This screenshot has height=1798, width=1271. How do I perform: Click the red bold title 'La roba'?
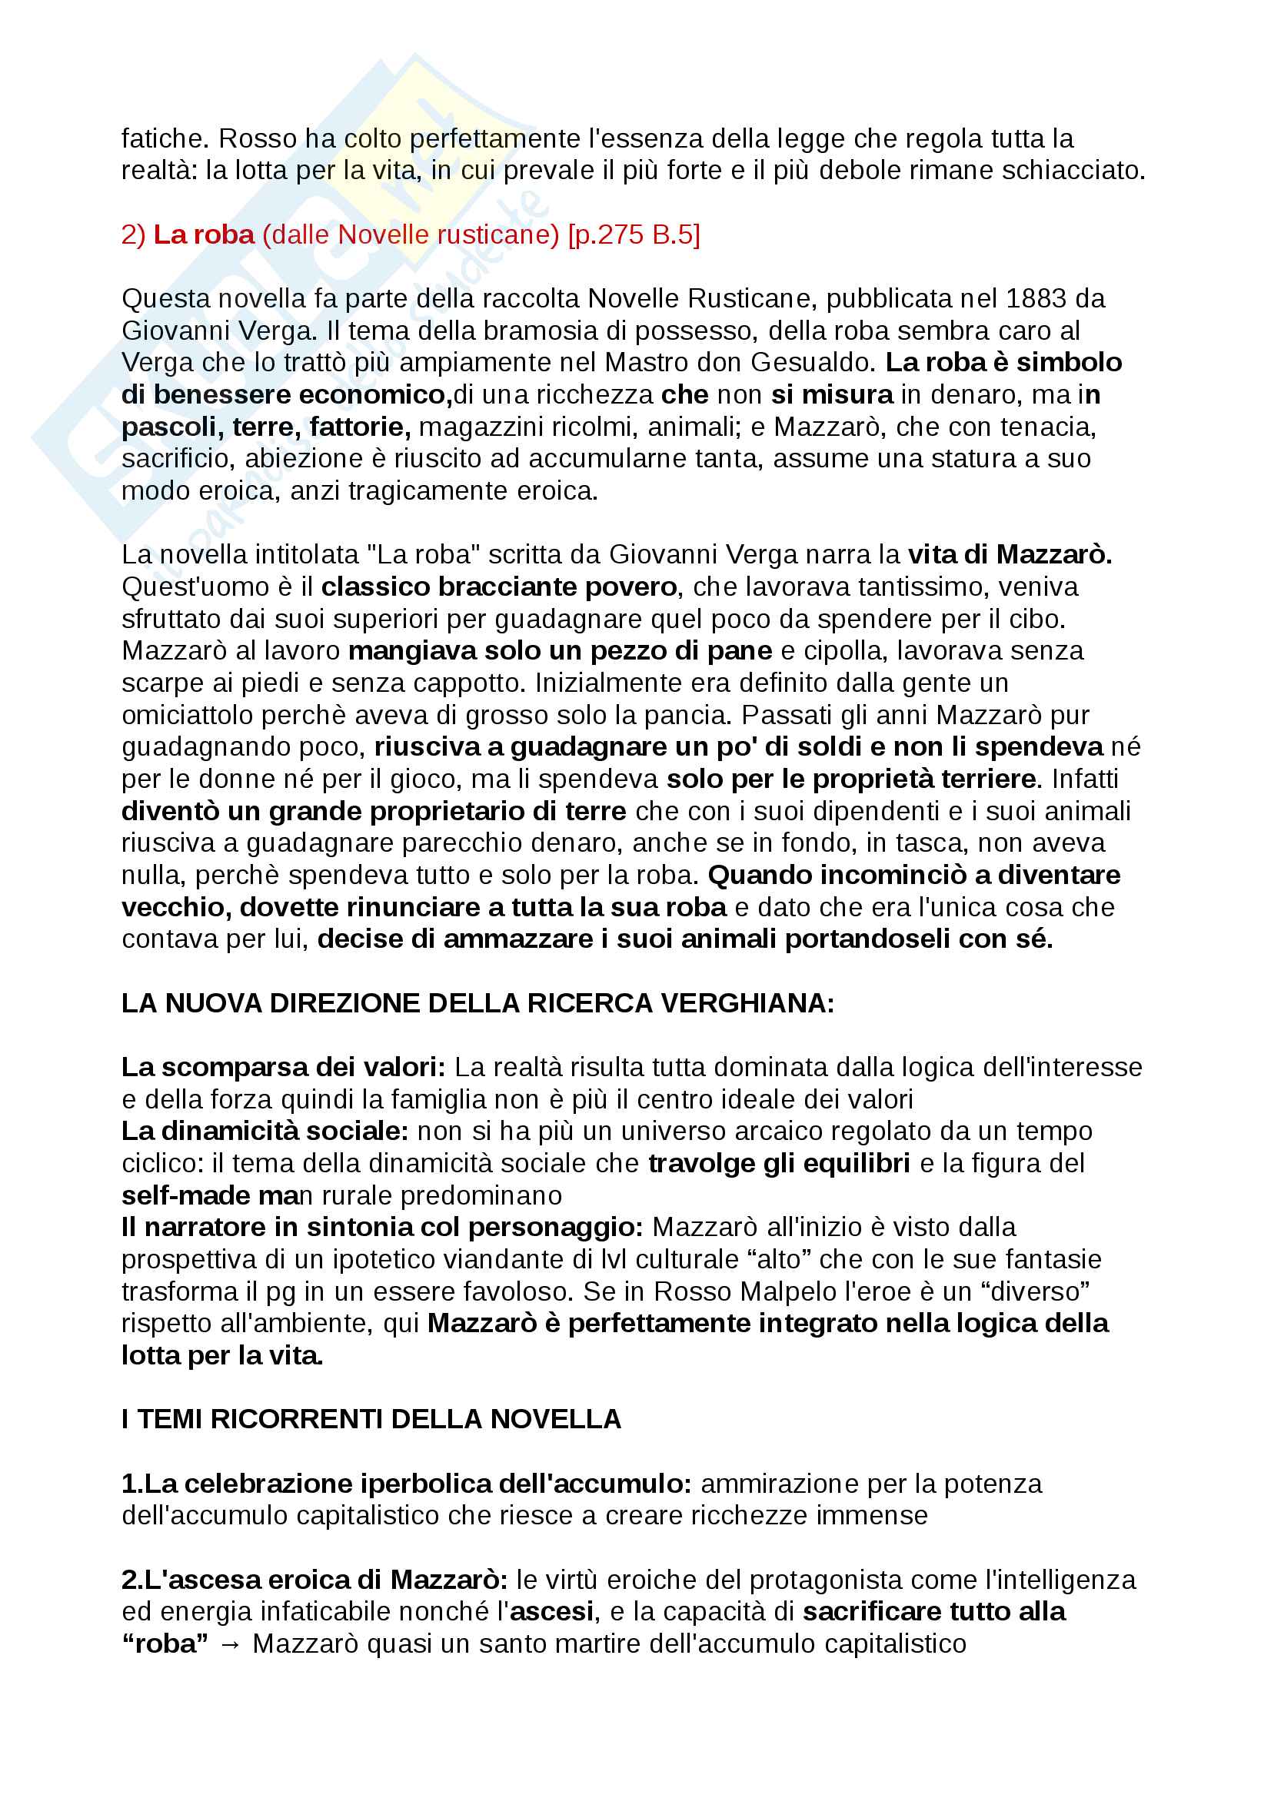[x=204, y=234]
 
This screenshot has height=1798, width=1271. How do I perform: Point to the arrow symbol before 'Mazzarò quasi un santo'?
[x=230, y=1644]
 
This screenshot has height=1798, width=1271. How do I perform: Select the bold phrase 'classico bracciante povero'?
[x=499, y=587]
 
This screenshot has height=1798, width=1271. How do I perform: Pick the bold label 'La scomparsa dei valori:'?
[x=283, y=1068]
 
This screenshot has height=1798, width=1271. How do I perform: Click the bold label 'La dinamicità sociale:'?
[x=265, y=1132]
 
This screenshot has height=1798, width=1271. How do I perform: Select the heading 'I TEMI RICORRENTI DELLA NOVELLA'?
[x=371, y=1420]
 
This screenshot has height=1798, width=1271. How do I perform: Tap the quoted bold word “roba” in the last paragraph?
[x=165, y=1643]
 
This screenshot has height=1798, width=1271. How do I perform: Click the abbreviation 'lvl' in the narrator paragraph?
[x=613, y=1260]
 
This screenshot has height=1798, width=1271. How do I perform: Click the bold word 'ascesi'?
[x=551, y=1612]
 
